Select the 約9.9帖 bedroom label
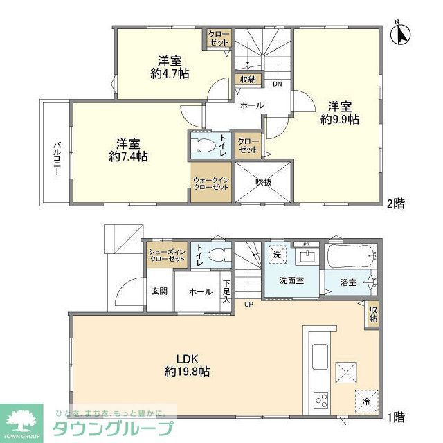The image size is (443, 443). tap(339, 113)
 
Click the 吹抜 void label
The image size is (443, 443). tap(263, 182)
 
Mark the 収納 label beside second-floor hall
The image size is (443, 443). tap(248, 80)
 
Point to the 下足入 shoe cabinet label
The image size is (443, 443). tap(226, 292)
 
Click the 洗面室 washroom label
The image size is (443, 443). tap(291, 281)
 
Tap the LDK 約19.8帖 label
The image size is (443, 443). tap(187, 365)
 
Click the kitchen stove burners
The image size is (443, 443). tap(321, 399)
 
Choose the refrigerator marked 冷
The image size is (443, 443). tap(365, 399)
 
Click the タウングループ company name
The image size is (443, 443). tap(115, 426)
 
